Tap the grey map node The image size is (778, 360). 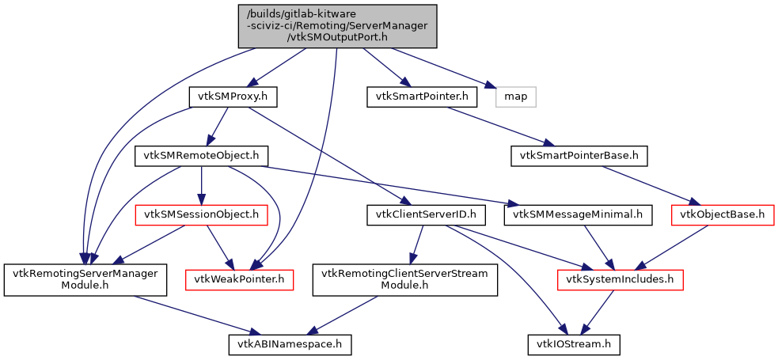point(516,97)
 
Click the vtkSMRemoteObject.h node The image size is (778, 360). point(201,155)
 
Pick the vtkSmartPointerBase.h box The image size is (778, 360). point(579,155)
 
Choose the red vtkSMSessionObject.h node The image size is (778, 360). point(200,214)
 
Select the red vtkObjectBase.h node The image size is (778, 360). point(723,214)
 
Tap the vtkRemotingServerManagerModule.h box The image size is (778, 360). point(85,279)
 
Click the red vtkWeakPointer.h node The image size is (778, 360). point(238,279)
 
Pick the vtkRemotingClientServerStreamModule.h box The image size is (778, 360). point(404,279)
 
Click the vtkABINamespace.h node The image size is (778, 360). point(290,345)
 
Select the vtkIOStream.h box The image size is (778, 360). point(574,345)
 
